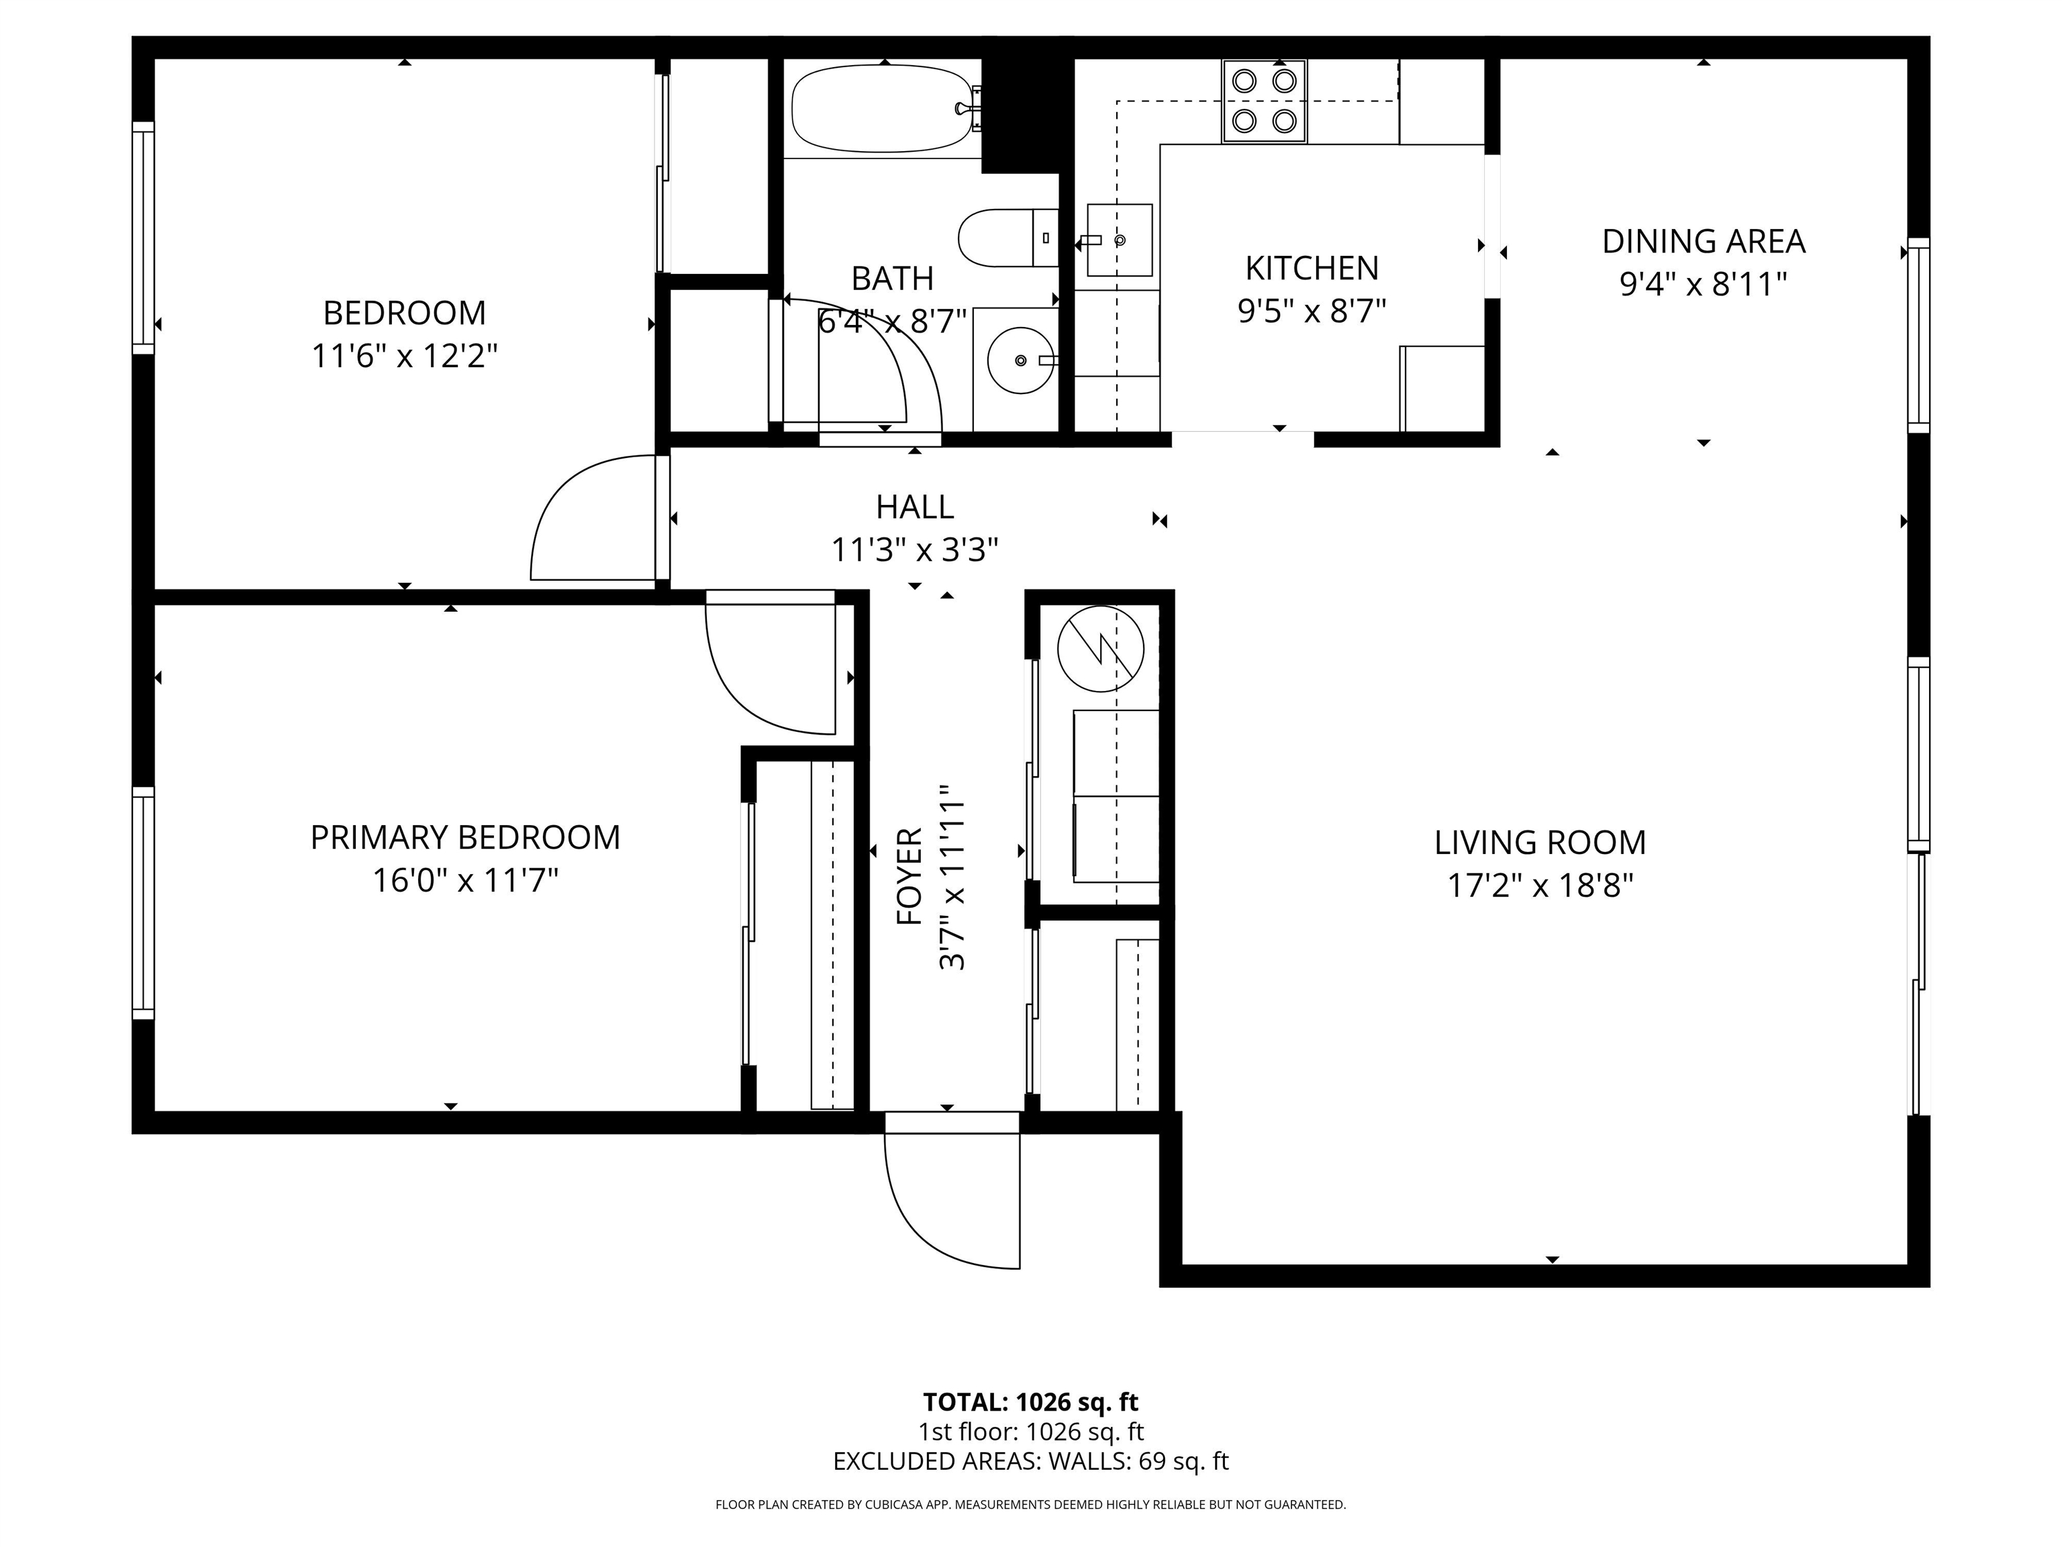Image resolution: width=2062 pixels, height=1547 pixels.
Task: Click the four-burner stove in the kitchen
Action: pos(1263,101)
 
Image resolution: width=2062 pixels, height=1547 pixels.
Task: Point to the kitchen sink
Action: pos(1119,240)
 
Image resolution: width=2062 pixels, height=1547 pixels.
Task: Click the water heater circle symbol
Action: pos(1100,649)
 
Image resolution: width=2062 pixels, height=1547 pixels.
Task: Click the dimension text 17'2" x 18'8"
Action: pos(1540,886)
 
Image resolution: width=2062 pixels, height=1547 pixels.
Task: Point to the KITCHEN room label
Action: pos(1312,269)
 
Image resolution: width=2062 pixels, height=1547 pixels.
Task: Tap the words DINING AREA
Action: pos(1703,242)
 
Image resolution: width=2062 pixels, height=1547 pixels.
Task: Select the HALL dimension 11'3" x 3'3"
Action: pos(914,551)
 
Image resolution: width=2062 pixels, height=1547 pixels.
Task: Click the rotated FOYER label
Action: pos(909,876)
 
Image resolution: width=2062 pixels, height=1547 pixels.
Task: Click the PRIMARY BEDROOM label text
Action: pos(465,837)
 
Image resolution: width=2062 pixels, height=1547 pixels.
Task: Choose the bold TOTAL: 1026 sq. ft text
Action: pos(1030,1401)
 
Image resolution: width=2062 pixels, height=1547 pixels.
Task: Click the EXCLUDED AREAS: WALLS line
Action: pos(1030,1461)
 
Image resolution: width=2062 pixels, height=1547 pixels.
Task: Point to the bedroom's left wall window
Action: pos(142,238)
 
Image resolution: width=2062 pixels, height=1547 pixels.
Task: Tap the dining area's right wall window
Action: pos(1918,336)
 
